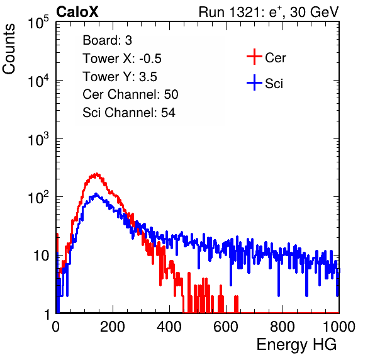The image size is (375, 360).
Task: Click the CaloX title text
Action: click(x=77, y=12)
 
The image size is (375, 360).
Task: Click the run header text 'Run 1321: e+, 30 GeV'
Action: click(x=269, y=12)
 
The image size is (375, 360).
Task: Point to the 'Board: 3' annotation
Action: click(x=107, y=40)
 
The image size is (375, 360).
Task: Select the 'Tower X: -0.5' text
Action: click(x=122, y=59)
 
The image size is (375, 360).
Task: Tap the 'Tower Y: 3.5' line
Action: click(x=120, y=77)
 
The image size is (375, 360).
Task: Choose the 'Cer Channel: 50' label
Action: click(x=130, y=94)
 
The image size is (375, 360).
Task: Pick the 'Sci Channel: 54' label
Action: click(x=129, y=113)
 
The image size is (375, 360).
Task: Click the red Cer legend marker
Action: click(x=254, y=57)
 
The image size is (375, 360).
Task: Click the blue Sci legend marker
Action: click(x=254, y=82)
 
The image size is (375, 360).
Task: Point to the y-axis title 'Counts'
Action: click(x=9, y=49)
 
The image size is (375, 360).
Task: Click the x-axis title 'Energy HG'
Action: click(x=296, y=345)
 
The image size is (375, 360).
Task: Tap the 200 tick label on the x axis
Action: click(x=113, y=327)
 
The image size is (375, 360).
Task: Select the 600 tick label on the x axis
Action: click(x=226, y=327)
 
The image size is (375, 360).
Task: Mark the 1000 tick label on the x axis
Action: click(x=339, y=327)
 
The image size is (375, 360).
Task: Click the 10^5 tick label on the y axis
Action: click(x=38, y=23)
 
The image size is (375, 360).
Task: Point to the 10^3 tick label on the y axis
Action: click(x=38, y=140)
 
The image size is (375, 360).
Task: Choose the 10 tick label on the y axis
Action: click(x=41, y=256)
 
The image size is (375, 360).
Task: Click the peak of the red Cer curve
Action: click(x=97, y=174)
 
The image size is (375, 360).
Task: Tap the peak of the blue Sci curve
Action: click(x=96, y=193)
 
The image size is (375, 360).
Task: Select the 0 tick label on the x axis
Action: click(x=56, y=327)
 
